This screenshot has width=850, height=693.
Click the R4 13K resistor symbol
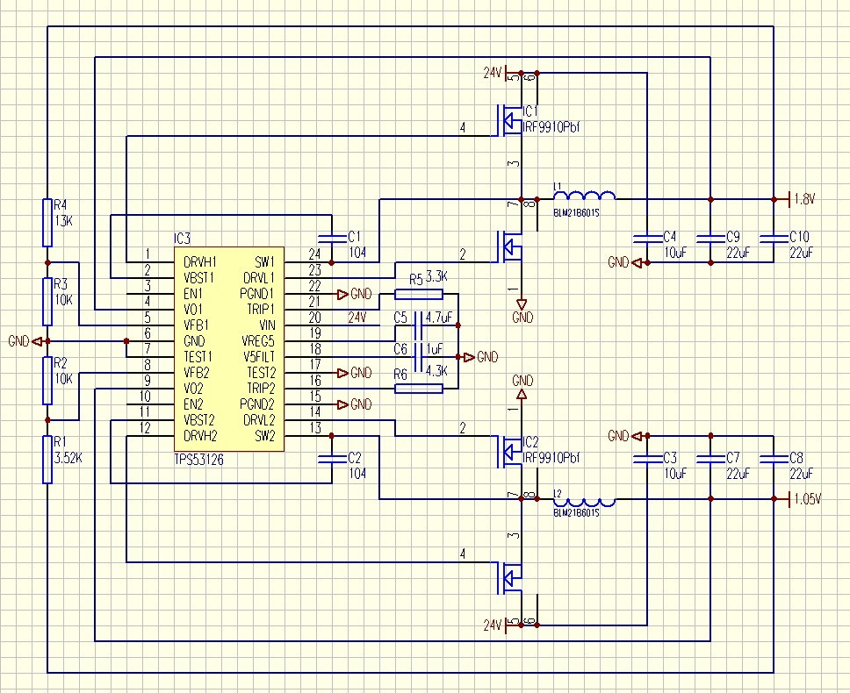click(x=47, y=222)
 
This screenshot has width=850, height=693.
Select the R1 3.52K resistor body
click(x=47, y=460)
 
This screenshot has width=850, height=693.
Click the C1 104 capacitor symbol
click(x=331, y=237)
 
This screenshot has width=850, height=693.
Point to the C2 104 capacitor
click(x=331, y=458)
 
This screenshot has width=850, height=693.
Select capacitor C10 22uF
click(x=774, y=237)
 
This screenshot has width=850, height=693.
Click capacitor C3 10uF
click(x=646, y=458)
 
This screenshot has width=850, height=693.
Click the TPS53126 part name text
click(x=198, y=459)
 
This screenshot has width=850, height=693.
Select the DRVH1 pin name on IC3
click(x=201, y=261)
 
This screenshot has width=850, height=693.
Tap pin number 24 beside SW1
click(x=314, y=254)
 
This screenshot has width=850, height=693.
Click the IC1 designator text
click(x=530, y=113)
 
